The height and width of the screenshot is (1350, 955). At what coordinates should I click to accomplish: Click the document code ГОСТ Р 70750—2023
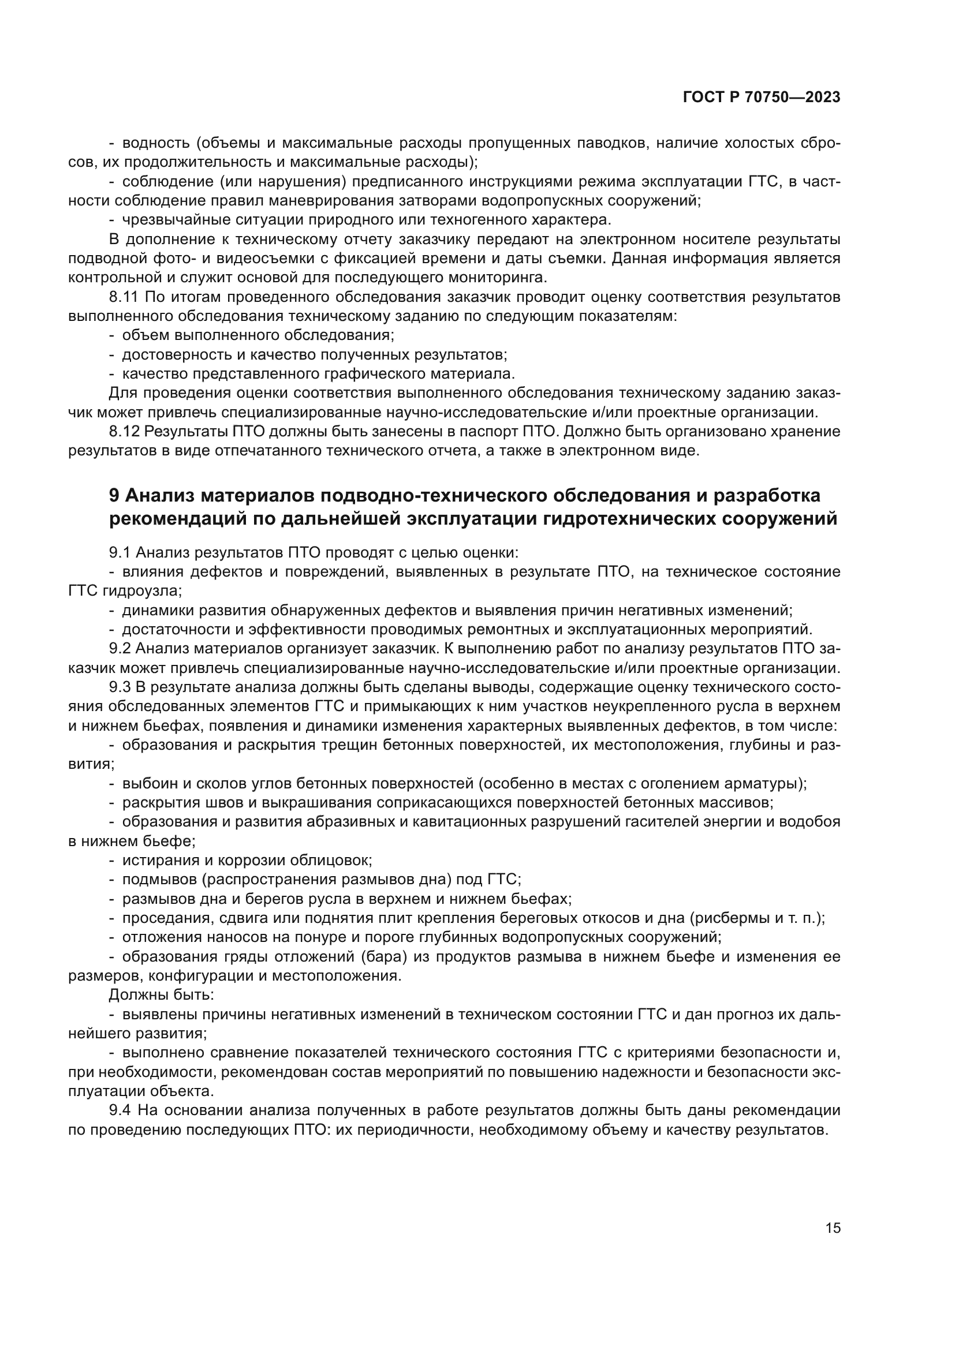(x=762, y=98)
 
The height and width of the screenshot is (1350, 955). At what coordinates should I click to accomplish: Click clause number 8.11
(x=124, y=297)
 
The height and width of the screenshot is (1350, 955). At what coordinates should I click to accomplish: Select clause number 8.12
(x=124, y=432)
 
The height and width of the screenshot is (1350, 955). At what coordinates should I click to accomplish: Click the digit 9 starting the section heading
(x=114, y=496)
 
